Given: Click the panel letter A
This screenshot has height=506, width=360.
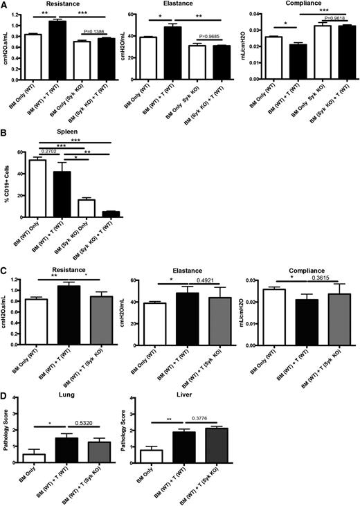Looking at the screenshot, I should (x=4, y=5).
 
